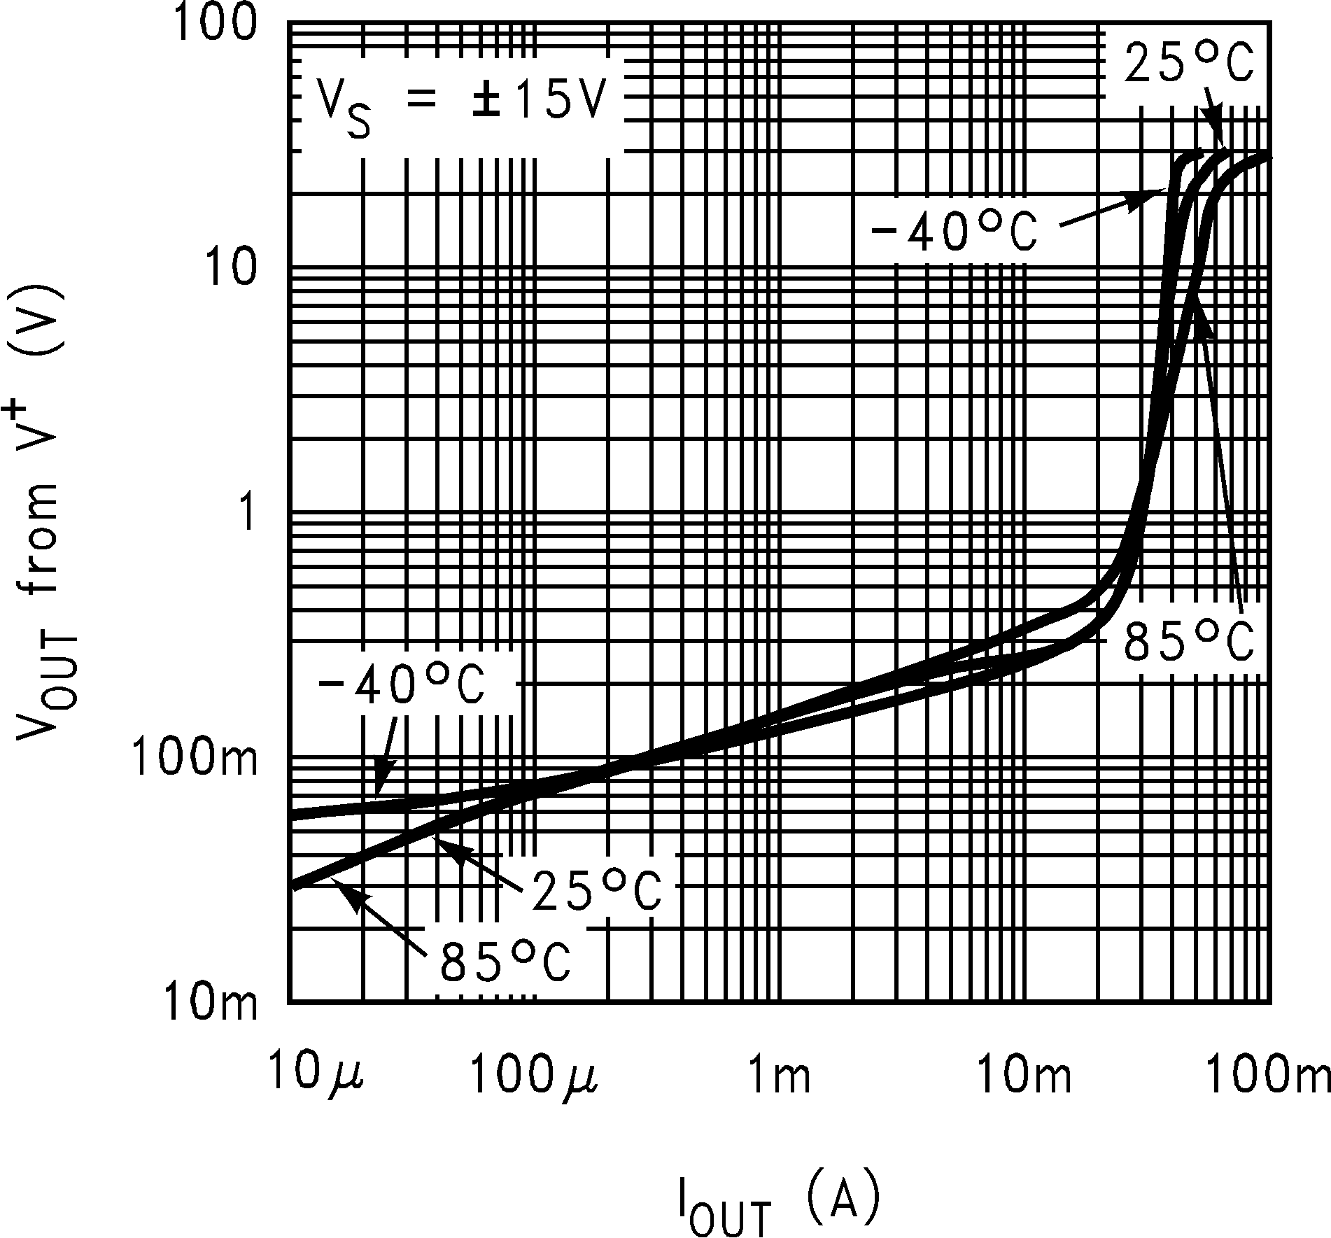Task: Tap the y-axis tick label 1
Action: click(246, 514)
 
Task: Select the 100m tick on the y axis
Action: click(192, 759)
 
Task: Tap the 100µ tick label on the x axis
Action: click(533, 1076)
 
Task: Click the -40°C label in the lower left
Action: click(400, 687)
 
